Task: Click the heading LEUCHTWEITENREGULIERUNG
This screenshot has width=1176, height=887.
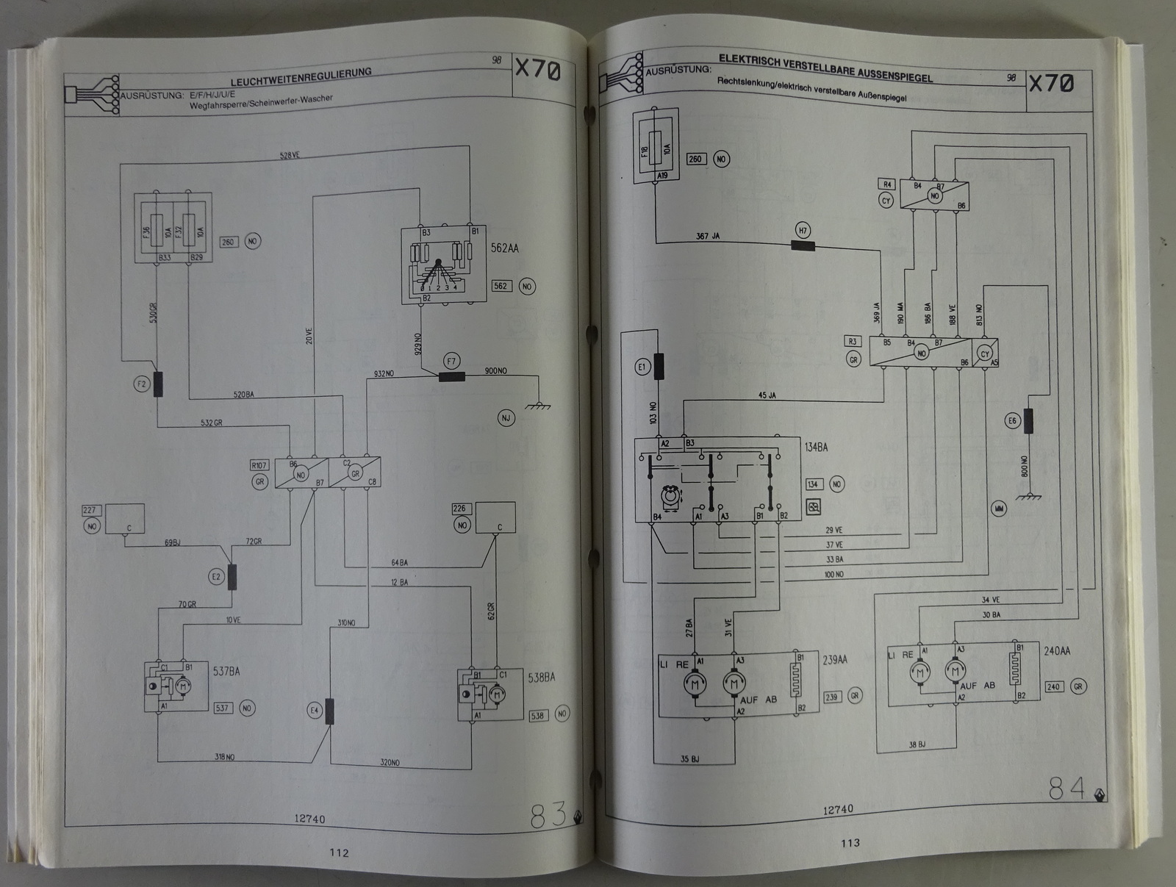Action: [x=301, y=77]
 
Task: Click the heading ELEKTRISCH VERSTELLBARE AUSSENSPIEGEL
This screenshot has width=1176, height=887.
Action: [x=825, y=67]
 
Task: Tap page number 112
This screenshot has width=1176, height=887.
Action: [x=339, y=852]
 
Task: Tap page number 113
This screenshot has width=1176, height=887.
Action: [x=850, y=843]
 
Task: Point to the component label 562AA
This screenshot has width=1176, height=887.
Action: [x=504, y=248]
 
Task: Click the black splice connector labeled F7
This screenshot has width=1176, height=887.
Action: [x=451, y=377]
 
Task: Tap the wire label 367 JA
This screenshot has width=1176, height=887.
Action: [x=709, y=237]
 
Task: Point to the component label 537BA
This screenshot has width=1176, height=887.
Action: [x=226, y=671]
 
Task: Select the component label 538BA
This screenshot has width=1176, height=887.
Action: [x=541, y=677]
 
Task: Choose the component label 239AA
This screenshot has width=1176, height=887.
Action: [x=835, y=660]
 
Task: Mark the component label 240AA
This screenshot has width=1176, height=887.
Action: [x=1057, y=651]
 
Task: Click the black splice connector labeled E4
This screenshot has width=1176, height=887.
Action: [x=329, y=711]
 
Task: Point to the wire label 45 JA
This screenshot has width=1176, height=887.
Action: [x=767, y=395]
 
